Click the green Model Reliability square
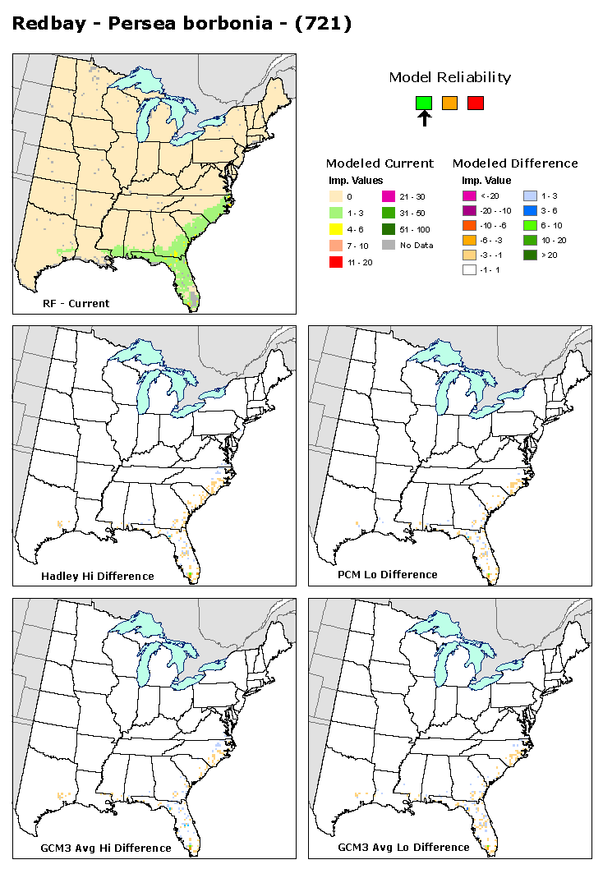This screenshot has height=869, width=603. [x=424, y=103]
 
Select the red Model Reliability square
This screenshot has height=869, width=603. [x=476, y=103]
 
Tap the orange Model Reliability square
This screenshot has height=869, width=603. [x=449, y=103]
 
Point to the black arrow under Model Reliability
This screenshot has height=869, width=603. [x=424, y=119]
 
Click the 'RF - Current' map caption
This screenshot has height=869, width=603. [x=76, y=303]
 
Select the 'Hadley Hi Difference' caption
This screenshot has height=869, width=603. [x=97, y=576]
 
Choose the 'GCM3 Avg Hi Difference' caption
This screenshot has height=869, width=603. [x=106, y=848]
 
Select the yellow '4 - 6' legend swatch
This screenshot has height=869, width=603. [x=334, y=228]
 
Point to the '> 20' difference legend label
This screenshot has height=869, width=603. [x=554, y=255]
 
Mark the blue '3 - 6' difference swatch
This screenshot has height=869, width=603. [x=530, y=210]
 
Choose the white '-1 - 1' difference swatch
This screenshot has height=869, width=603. [x=469, y=270]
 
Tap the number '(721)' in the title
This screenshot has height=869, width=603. [x=325, y=24]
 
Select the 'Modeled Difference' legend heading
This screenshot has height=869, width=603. [x=515, y=163]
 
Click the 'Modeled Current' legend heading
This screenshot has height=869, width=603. [x=380, y=163]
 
